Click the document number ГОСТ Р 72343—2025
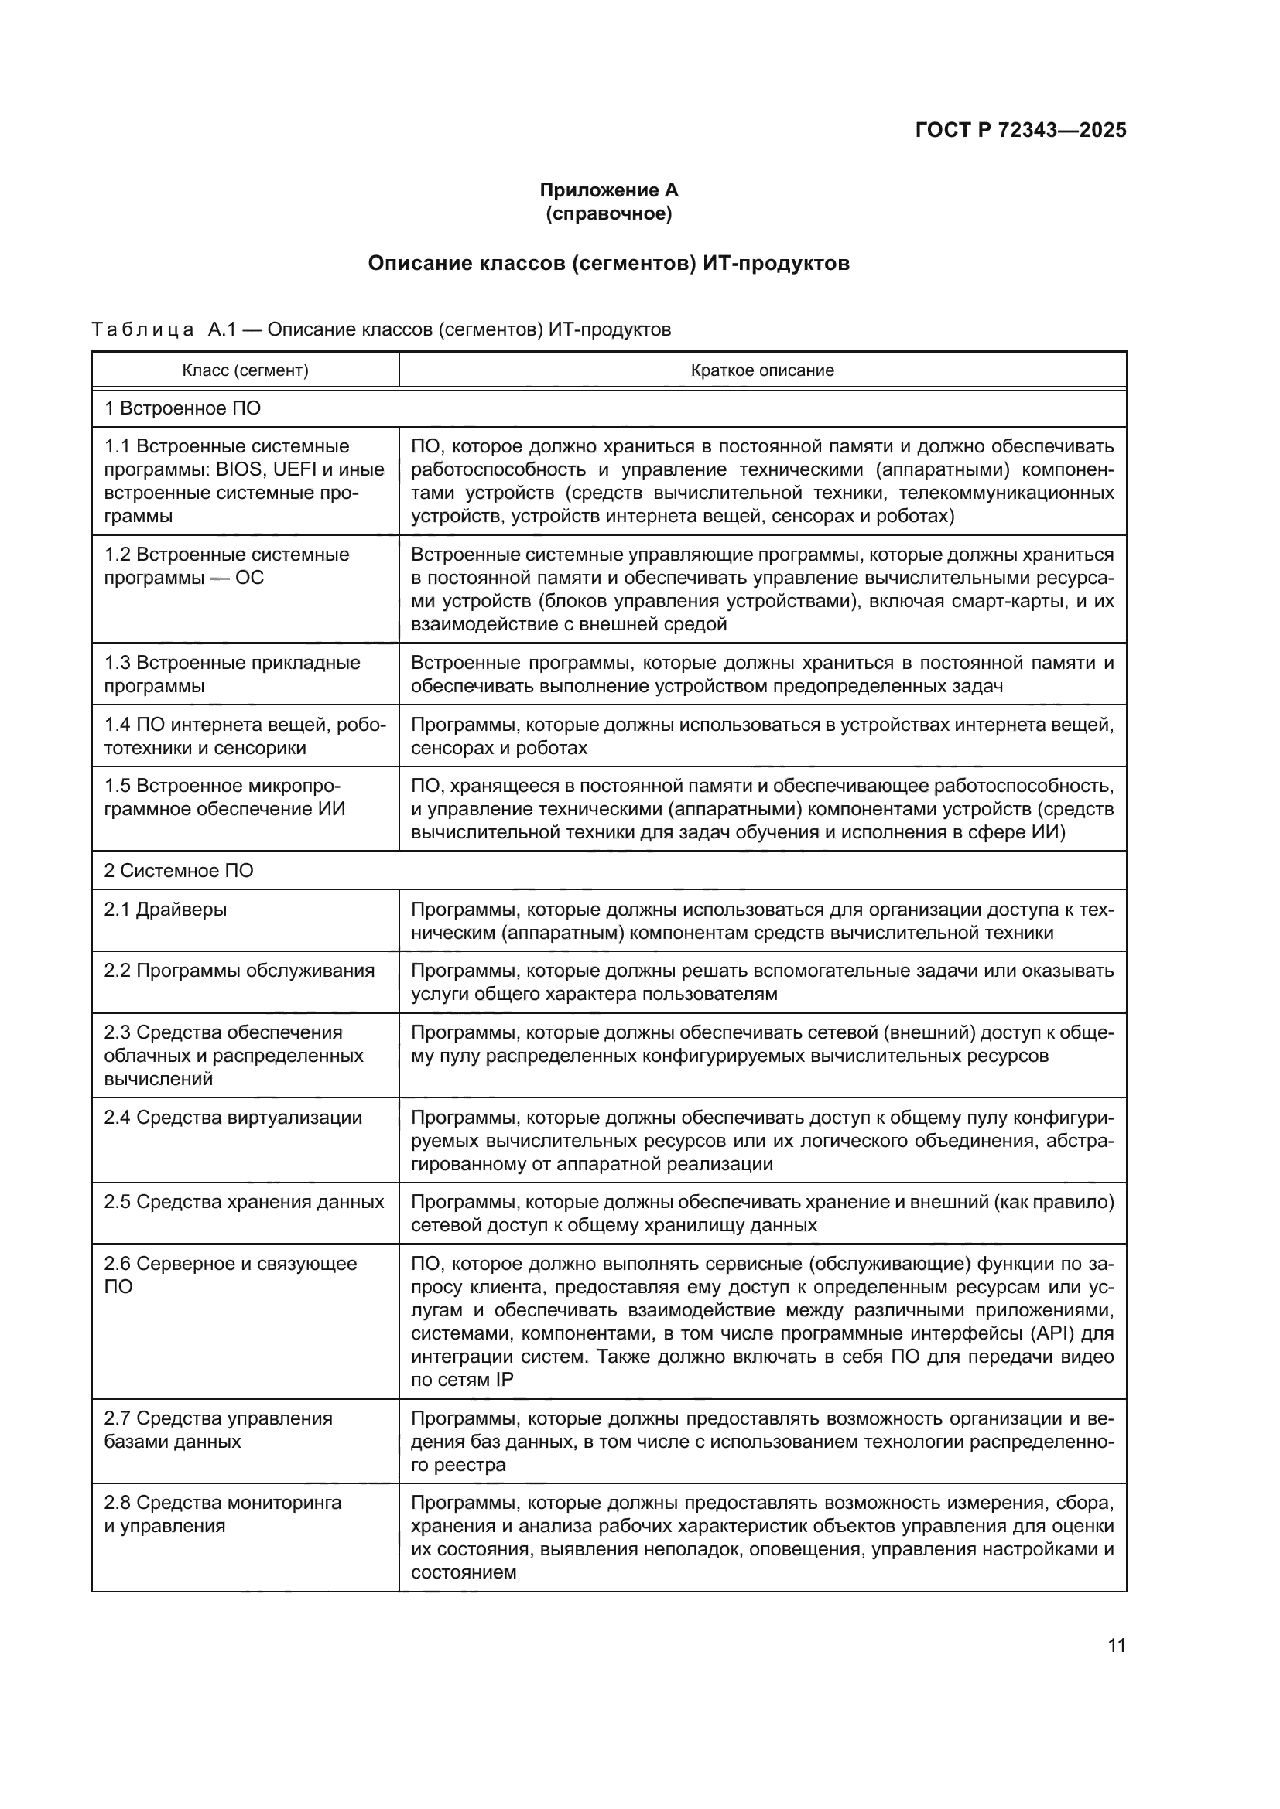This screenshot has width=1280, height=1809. click(1020, 130)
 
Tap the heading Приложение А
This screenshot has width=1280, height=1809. click(608, 190)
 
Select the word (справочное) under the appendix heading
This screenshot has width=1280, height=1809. click(608, 213)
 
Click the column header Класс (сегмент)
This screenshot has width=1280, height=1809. click(245, 370)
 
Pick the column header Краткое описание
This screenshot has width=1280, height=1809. click(761, 370)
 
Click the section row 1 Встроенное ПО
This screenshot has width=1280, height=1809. click(182, 408)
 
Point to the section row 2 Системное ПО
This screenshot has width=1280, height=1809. click(178, 871)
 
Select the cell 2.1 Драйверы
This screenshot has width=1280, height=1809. click(166, 910)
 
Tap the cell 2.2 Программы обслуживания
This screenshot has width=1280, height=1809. click(239, 971)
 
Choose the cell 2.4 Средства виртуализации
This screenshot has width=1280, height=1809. click(232, 1118)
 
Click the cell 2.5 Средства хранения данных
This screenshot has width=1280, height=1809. click(244, 1202)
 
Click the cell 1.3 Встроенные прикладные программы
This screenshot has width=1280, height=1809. click(231, 674)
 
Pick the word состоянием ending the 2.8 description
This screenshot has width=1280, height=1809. click(464, 1572)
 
